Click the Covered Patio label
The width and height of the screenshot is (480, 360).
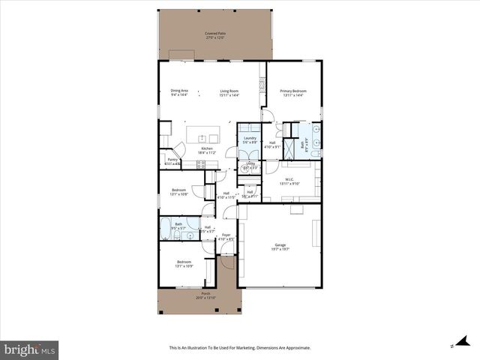[215, 34]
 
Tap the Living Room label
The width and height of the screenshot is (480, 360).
[229, 91]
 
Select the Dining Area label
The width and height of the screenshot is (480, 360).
[179, 91]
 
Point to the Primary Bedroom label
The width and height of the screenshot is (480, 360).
[293, 91]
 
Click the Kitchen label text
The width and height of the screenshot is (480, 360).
[207, 148]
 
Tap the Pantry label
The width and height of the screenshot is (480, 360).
[172, 159]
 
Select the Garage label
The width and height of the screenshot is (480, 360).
[280, 245]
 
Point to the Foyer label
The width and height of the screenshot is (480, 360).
[225, 235]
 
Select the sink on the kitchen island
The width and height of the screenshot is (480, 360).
[202, 137]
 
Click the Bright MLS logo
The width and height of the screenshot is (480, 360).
[30, 349]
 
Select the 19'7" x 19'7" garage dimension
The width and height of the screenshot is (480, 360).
[280, 250]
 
